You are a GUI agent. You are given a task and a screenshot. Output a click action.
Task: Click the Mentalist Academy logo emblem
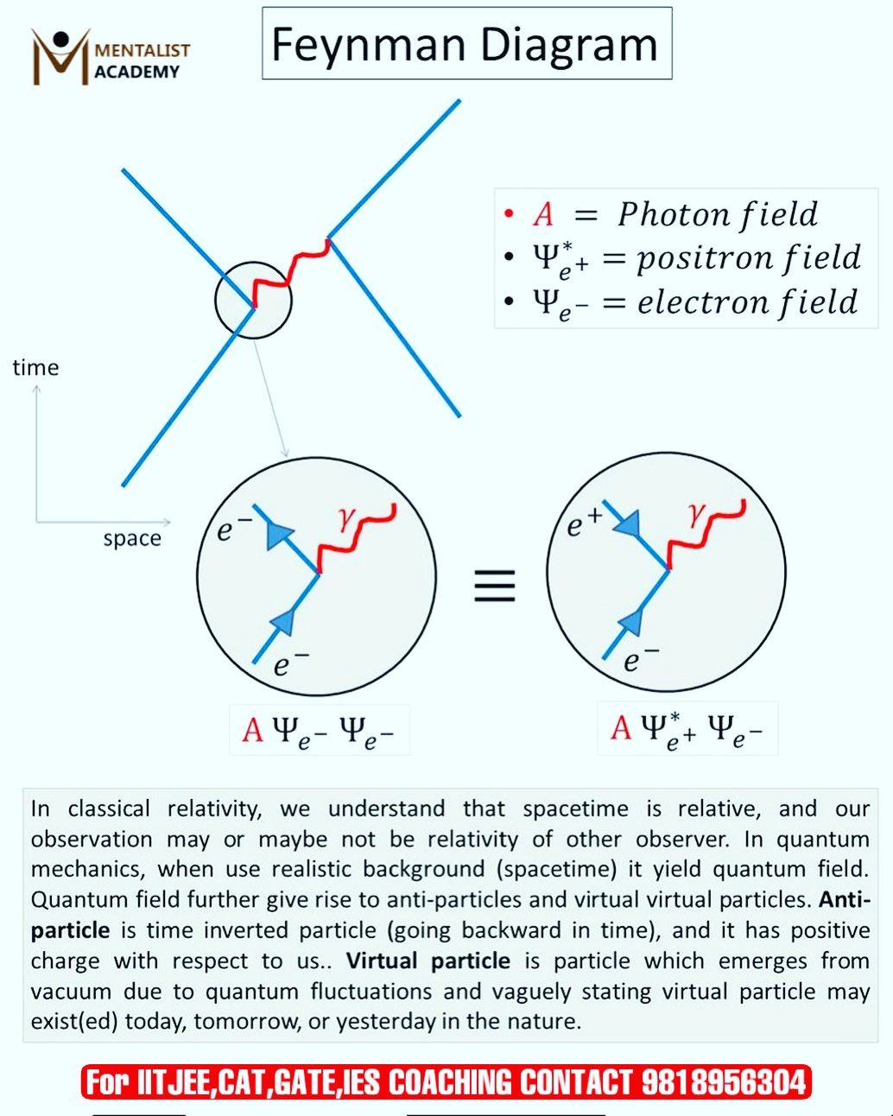tap(60, 56)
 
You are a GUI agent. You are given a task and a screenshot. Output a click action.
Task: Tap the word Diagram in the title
tap(569, 45)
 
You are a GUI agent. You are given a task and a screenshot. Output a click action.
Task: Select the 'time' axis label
tap(35, 368)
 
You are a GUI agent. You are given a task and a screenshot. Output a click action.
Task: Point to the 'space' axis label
tap(132, 539)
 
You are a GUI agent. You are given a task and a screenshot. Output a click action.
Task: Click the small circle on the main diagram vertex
tap(216, 301)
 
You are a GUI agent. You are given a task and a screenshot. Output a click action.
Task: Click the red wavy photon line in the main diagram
tap(291, 272)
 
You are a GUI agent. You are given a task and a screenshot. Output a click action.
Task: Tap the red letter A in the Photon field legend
tap(543, 214)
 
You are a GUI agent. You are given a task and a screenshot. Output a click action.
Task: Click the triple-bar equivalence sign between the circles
tap(495, 586)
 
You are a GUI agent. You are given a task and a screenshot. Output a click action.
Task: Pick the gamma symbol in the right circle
tap(698, 514)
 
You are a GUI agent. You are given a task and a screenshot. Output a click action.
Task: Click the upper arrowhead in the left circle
tap(278, 534)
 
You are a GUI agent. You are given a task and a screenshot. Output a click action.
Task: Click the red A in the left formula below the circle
tap(253, 730)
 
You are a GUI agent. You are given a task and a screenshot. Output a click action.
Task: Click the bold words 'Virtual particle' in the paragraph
tap(427, 961)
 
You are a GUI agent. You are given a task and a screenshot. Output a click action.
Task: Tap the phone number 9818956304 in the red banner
tap(724, 1082)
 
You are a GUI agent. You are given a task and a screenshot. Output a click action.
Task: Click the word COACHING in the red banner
tap(450, 1082)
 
